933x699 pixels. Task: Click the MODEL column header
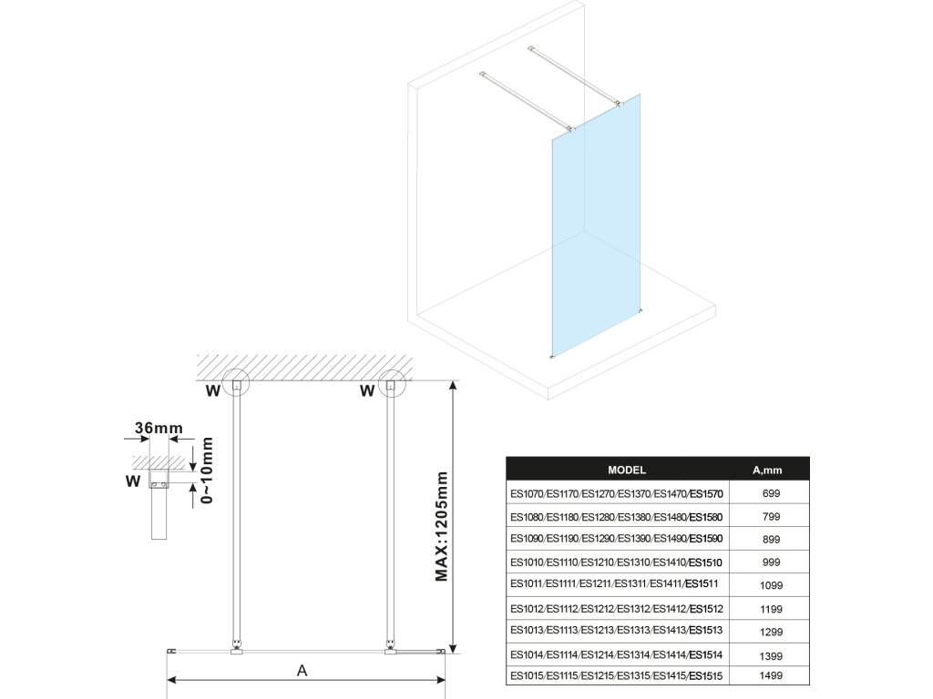[x=626, y=471]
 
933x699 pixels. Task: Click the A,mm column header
[x=767, y=471]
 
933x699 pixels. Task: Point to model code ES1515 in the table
[x=704, y=676]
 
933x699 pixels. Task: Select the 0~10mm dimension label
[x=209, y=471]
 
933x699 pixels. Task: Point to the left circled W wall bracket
[x=237, y=386]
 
